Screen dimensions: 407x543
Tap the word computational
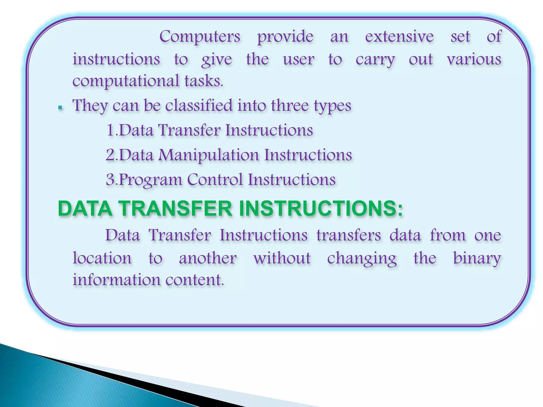pyautogui.click(x=126, y=81)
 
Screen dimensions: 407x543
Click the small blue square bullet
pyautogui.click(x=60, y=108)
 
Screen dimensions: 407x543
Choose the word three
pyautogui.click(x=290, y=105)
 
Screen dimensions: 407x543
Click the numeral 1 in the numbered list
pyautogui.click(x=110, y=130)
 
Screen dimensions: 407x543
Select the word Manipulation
pyautogui.click(x=208, y=155)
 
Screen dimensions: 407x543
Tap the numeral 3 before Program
pyautogui.click(x=110, y=179)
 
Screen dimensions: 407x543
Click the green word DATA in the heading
pyautogui.click(x=85, y=209)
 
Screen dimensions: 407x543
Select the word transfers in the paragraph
pyautogui.click(x=348, y=235)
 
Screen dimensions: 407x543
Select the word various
pyautogui.click(x=474, y=59)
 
